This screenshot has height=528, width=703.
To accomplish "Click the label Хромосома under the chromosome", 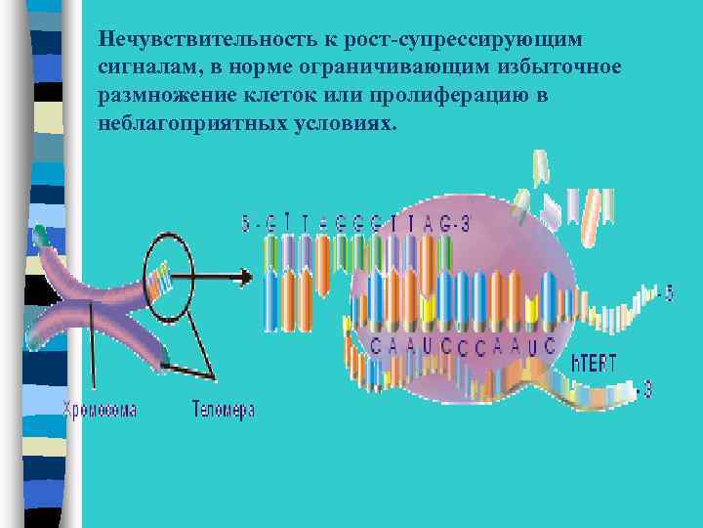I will coord(100,410).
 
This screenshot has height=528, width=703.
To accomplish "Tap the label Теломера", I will coord(223,410).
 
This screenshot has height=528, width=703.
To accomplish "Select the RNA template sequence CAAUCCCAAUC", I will coord(463,344).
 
